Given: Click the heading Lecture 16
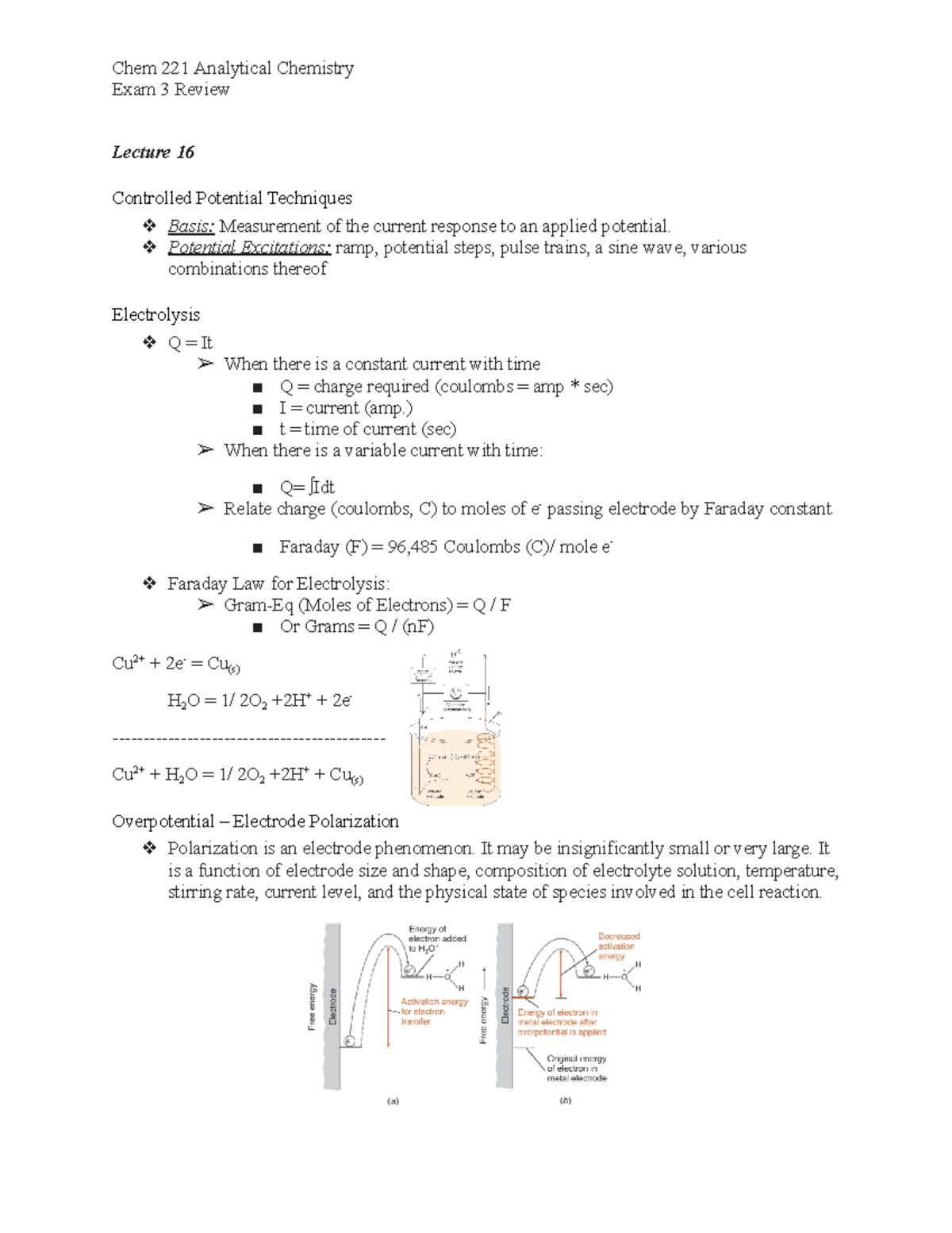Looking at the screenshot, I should click(152, 152).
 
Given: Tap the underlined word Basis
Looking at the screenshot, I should click(190, 226).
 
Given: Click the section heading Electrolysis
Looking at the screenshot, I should click(155, 314).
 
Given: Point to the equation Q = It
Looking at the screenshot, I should click(190, 343).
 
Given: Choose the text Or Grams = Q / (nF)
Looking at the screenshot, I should click(356, 626).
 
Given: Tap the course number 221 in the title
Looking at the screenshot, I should click(175, 68).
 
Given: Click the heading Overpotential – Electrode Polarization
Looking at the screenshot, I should click(255, 821).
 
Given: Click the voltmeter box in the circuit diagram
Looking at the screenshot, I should click(422, 676).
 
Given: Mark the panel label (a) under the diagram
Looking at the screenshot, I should click(393, 1100).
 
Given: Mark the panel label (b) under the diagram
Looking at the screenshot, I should click(565, 1100).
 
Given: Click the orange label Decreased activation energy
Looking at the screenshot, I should click(618, 946).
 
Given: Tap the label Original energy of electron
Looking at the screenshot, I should click(576, 1068).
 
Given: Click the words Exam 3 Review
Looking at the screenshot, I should click(171, 90).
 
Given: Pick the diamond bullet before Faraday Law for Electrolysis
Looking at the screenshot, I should click(149, 584).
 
